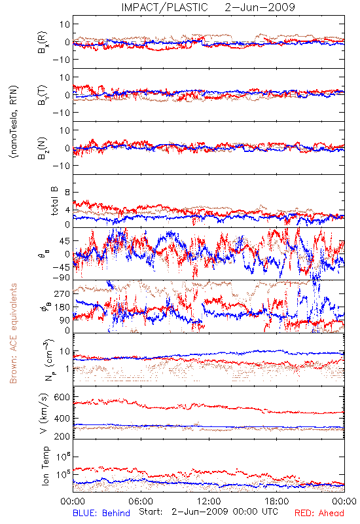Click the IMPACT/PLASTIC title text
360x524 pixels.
[164, 7]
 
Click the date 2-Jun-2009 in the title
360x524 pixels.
[260, 7]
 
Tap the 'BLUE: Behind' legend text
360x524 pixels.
[101, 513]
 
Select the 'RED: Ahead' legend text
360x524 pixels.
[319, 513]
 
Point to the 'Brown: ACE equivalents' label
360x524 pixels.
[13, 333]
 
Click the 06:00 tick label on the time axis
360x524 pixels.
[141, 501]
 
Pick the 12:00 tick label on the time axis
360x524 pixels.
[209, 501]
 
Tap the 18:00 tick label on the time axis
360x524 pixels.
[277, 501]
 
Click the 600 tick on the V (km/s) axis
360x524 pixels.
[62, 398]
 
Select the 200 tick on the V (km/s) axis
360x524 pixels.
[62, 436]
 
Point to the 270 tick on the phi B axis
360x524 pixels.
[62, 293]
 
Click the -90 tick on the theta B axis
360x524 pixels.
[62, 278]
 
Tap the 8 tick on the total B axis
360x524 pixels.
[67, 193]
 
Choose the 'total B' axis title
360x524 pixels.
[54, 201]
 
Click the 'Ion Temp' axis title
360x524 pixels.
[45, 466]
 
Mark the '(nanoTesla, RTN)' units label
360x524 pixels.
[14, 122]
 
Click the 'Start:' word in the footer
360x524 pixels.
[151, 512]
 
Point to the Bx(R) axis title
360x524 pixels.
[43, 42]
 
